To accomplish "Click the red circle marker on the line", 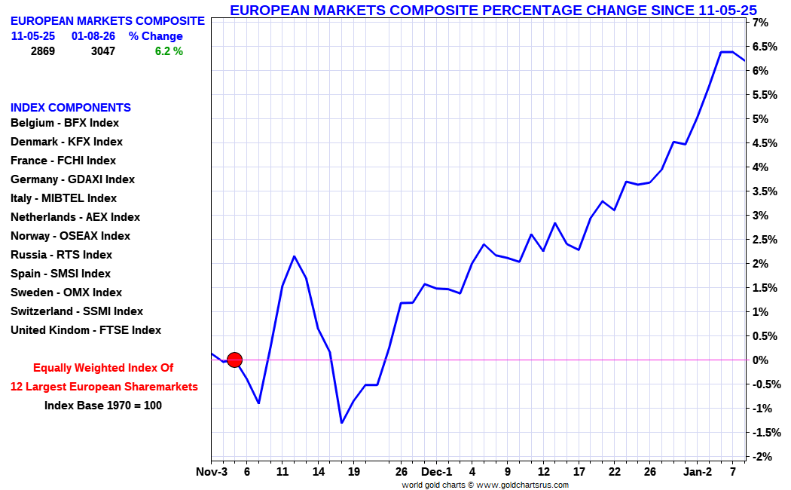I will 234,360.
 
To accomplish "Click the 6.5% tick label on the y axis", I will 760,47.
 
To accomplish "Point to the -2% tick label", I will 760,457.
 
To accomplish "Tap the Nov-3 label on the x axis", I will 212,473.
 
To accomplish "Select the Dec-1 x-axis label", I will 437,473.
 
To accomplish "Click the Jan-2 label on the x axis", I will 698,473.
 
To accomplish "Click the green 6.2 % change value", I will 169,51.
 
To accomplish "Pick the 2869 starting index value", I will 42,51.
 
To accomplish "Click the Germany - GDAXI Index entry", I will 72,179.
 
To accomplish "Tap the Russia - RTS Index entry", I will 61,255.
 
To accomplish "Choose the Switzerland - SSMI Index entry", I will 76,311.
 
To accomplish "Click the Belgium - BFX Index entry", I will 65,123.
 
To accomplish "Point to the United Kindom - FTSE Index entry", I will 86,330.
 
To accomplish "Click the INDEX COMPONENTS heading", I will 71,108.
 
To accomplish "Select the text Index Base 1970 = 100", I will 103,406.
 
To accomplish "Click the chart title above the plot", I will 493,10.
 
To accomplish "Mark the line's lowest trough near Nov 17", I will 341,423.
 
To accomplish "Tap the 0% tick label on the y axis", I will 760,360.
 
